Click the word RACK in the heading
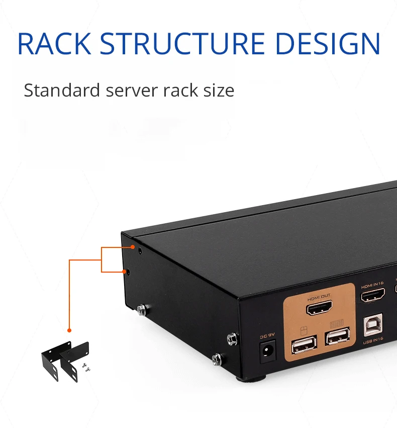tap(54, 44)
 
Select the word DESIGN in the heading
tap(328, 44)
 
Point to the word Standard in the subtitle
tap(62, 90)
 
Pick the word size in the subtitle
tap(219, 91)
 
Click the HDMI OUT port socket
tap(319, 308)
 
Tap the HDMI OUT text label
tap(319, 297)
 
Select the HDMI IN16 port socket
tap(373, 295)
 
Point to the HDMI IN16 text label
tap(372, 285)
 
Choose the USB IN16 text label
tap(373, 340)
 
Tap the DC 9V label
tap(267, 336)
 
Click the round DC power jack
tap(267, 351)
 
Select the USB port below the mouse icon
tap(304, 346)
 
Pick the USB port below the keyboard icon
tap(338, 336)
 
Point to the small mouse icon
tap(304, 331)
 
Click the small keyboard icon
tap(337, 324)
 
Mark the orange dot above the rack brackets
tap(69, 330)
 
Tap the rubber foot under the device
tap(250, 379)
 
